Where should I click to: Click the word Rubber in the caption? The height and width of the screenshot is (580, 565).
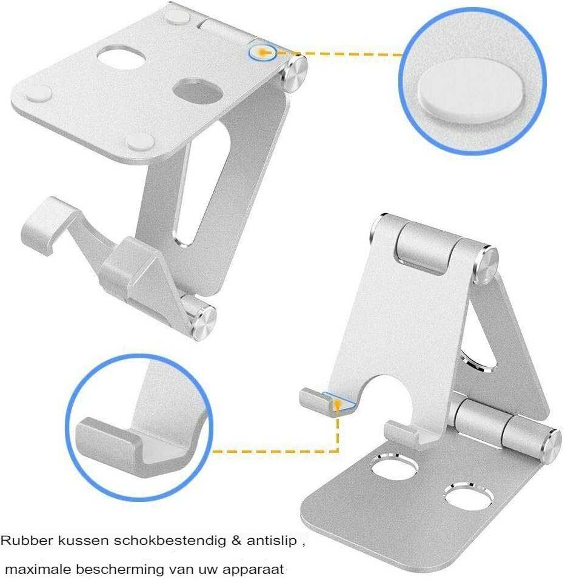[x=26, y=541]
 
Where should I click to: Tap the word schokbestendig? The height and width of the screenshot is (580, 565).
[x=169, y=541]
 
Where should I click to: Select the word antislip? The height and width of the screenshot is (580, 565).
[x=272, y=541]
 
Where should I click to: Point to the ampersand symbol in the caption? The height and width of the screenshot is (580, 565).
[x=236, y=541]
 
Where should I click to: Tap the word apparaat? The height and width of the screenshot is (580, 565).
[x=253, y=569]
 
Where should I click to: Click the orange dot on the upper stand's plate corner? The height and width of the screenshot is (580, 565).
[x=262, y=53]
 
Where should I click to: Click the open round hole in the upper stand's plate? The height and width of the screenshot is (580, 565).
[x=121, y=57]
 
